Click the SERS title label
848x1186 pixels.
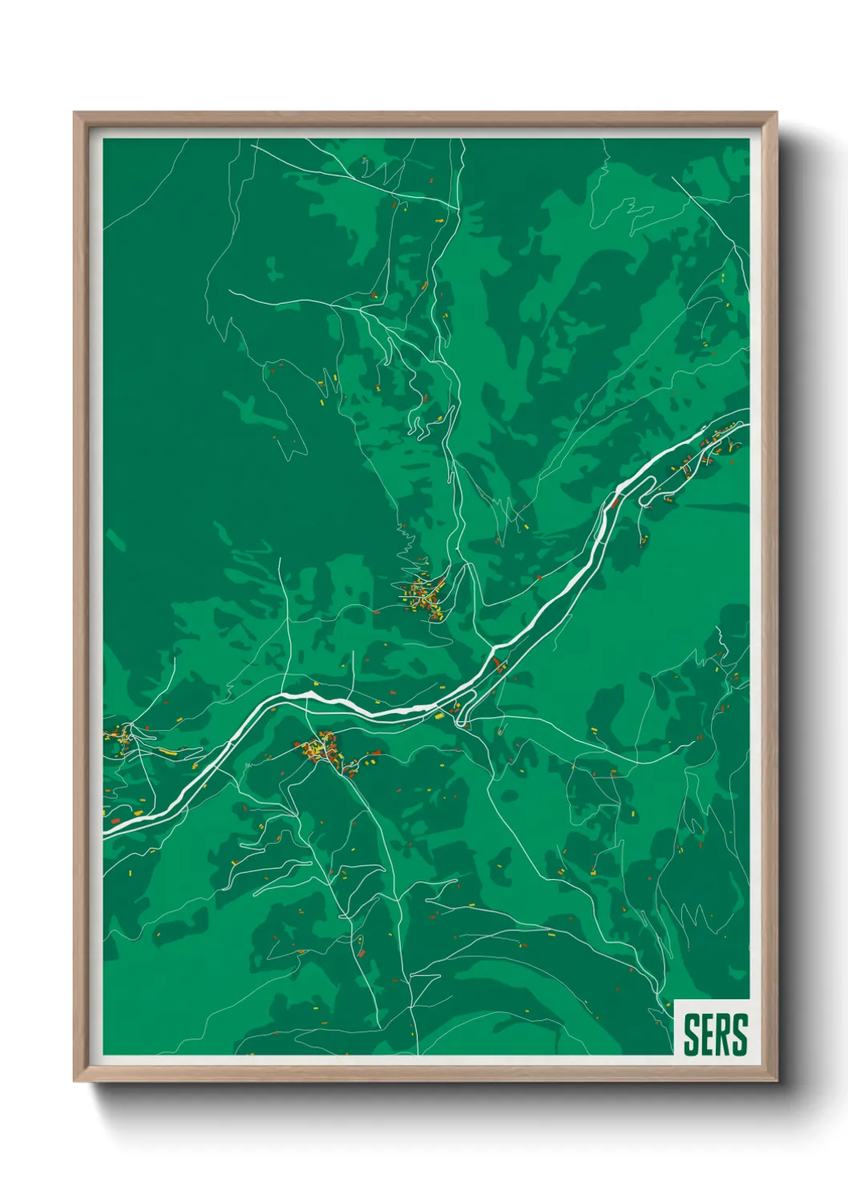tap(714, 1035)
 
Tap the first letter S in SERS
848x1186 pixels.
tap(691, 1035)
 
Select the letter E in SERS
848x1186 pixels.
tap(707, 1035)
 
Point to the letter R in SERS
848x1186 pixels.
tap(722, 1035)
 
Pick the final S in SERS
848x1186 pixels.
tap(739, 1035)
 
